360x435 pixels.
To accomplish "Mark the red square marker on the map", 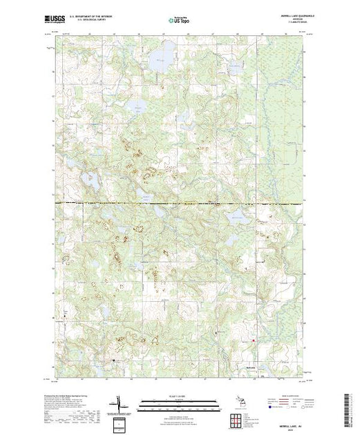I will pyautogui.click(x=253, y=340).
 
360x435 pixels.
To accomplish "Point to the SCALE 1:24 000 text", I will pyautogui.click(x=179, y=396).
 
